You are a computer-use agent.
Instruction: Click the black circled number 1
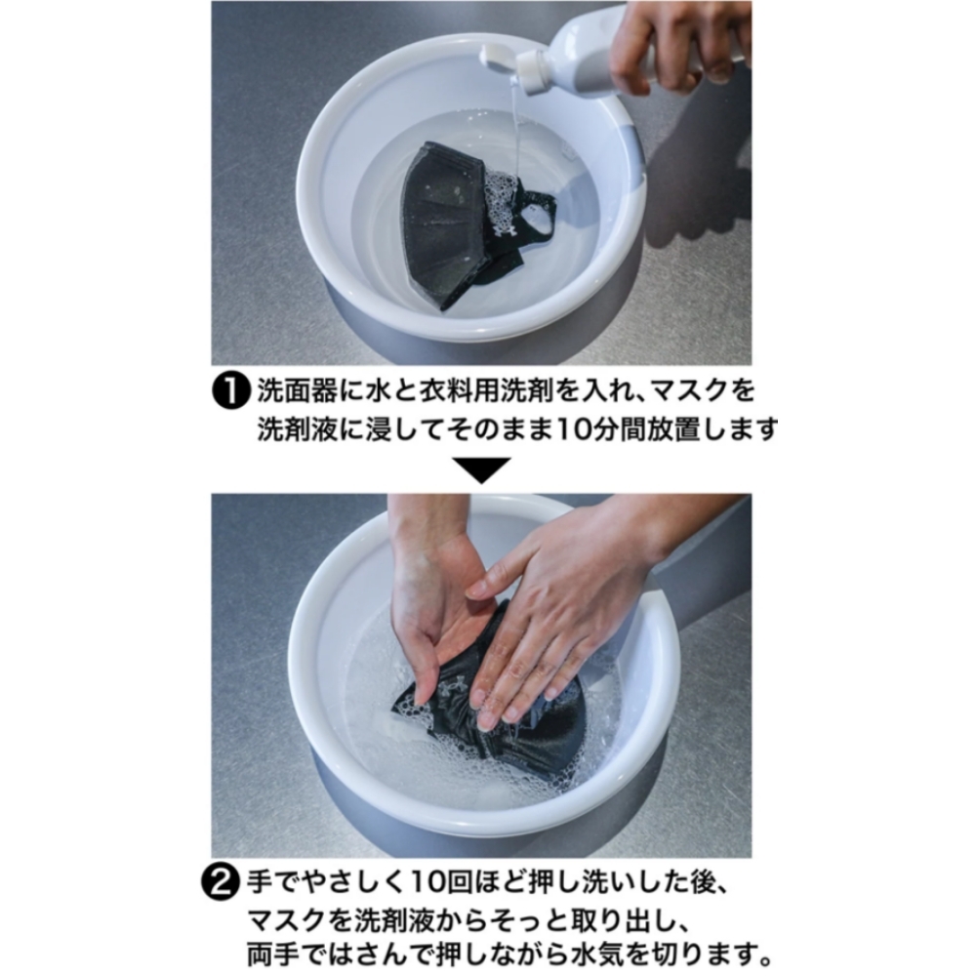click(x=232, y=392)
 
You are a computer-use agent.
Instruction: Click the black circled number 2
click(x=220, y=882)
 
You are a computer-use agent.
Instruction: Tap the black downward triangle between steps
click(x=481, y=470)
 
